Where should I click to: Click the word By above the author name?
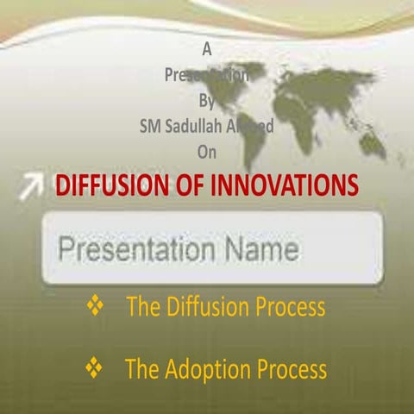coord(206,100)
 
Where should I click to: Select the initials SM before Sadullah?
coord(152,126)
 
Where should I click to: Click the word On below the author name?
coord(206,152)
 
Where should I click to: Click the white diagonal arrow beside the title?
coord(32,184)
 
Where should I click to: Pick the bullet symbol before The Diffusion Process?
coord(95,305)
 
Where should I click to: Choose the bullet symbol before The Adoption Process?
coord(95,369)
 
